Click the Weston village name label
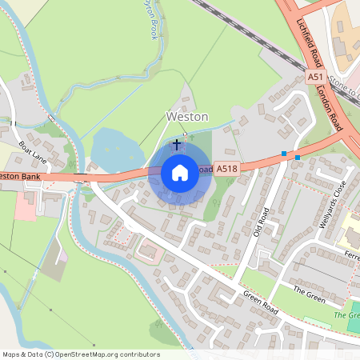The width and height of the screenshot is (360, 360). (x=186, y=116)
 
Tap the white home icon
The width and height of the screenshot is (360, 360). (x=180, y=172)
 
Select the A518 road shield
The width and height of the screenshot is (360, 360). (x=227, y=169)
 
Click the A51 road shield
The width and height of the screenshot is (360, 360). (x=315, y=77)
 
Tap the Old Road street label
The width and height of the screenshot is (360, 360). (x=262, y=225)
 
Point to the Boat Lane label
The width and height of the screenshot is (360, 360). (x=34, y=152)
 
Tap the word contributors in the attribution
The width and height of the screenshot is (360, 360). (x=138, y=354)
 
